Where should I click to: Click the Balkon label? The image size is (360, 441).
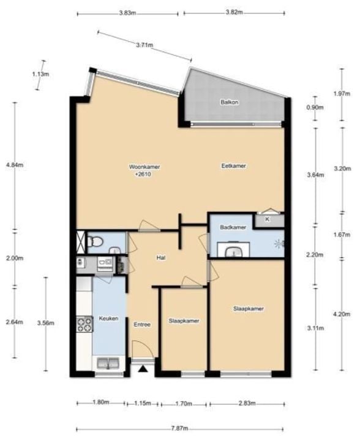tap(230, 102)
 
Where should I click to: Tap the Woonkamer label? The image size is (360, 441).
tap(144, 167)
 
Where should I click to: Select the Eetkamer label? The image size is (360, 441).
tap(233, 166)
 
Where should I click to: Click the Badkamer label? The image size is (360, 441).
tap(233, 227)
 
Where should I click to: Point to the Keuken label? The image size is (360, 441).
tap(108, 318)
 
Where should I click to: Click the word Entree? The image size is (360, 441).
tap(142, 325)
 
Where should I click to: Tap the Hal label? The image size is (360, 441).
tap(161, 258)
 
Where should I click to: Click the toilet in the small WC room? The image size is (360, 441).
tap(95, 241)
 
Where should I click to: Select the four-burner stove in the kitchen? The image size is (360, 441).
tap(84, 324)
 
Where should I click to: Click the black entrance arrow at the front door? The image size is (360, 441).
tap(143, 369)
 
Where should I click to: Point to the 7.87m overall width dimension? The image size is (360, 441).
tap(180, 428)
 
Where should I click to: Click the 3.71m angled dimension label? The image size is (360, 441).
tap(144, 45)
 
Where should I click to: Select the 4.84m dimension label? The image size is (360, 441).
tap(15, 165)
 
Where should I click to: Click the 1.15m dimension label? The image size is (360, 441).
tap(143, 403)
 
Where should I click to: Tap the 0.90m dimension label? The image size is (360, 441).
tap(315, 107)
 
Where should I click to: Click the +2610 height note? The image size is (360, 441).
tap(143, 175)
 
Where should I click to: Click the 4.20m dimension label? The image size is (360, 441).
tap(342, 314)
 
